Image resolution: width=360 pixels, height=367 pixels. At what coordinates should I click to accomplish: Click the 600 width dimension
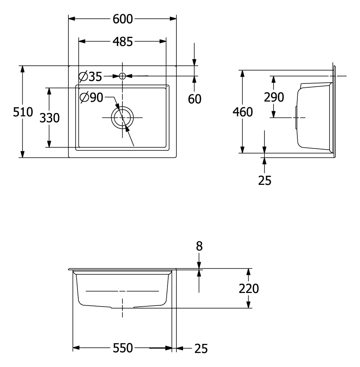coord(123,19)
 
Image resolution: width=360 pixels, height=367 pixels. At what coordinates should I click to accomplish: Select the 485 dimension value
coord(123,42)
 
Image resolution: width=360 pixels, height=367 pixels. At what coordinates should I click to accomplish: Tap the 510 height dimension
coord(23,112)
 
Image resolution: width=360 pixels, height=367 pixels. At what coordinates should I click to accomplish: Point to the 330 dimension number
coord(50,118)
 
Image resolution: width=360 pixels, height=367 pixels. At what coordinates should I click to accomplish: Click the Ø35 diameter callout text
coord(91,76)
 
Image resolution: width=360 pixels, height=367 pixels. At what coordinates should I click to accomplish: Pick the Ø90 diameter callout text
coord(92,98)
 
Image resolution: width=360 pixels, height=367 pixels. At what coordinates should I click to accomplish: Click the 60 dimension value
coord(194,99)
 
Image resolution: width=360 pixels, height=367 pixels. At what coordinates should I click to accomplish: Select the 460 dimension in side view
coord(243,112)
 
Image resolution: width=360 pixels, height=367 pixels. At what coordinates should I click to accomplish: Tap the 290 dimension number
coord(274,97)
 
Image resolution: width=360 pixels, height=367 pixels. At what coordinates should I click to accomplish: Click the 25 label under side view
coord(265,180)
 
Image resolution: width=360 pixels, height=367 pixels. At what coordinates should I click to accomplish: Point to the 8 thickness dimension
coord(199,246)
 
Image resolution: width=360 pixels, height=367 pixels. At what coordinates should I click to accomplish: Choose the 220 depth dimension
coord(249,288)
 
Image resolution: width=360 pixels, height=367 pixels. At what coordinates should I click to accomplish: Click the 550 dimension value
coord(123,348)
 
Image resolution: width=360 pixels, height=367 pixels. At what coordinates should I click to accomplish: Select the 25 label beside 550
coord(201,349)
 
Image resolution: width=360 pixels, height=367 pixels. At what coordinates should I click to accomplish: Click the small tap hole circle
coord(122,76)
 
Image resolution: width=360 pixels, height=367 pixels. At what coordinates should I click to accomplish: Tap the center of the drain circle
coord(122,118)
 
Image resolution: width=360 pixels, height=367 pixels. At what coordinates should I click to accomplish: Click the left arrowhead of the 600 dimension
coord(72,19)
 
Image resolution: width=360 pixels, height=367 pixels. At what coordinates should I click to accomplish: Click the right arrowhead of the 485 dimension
coord(163,42)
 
